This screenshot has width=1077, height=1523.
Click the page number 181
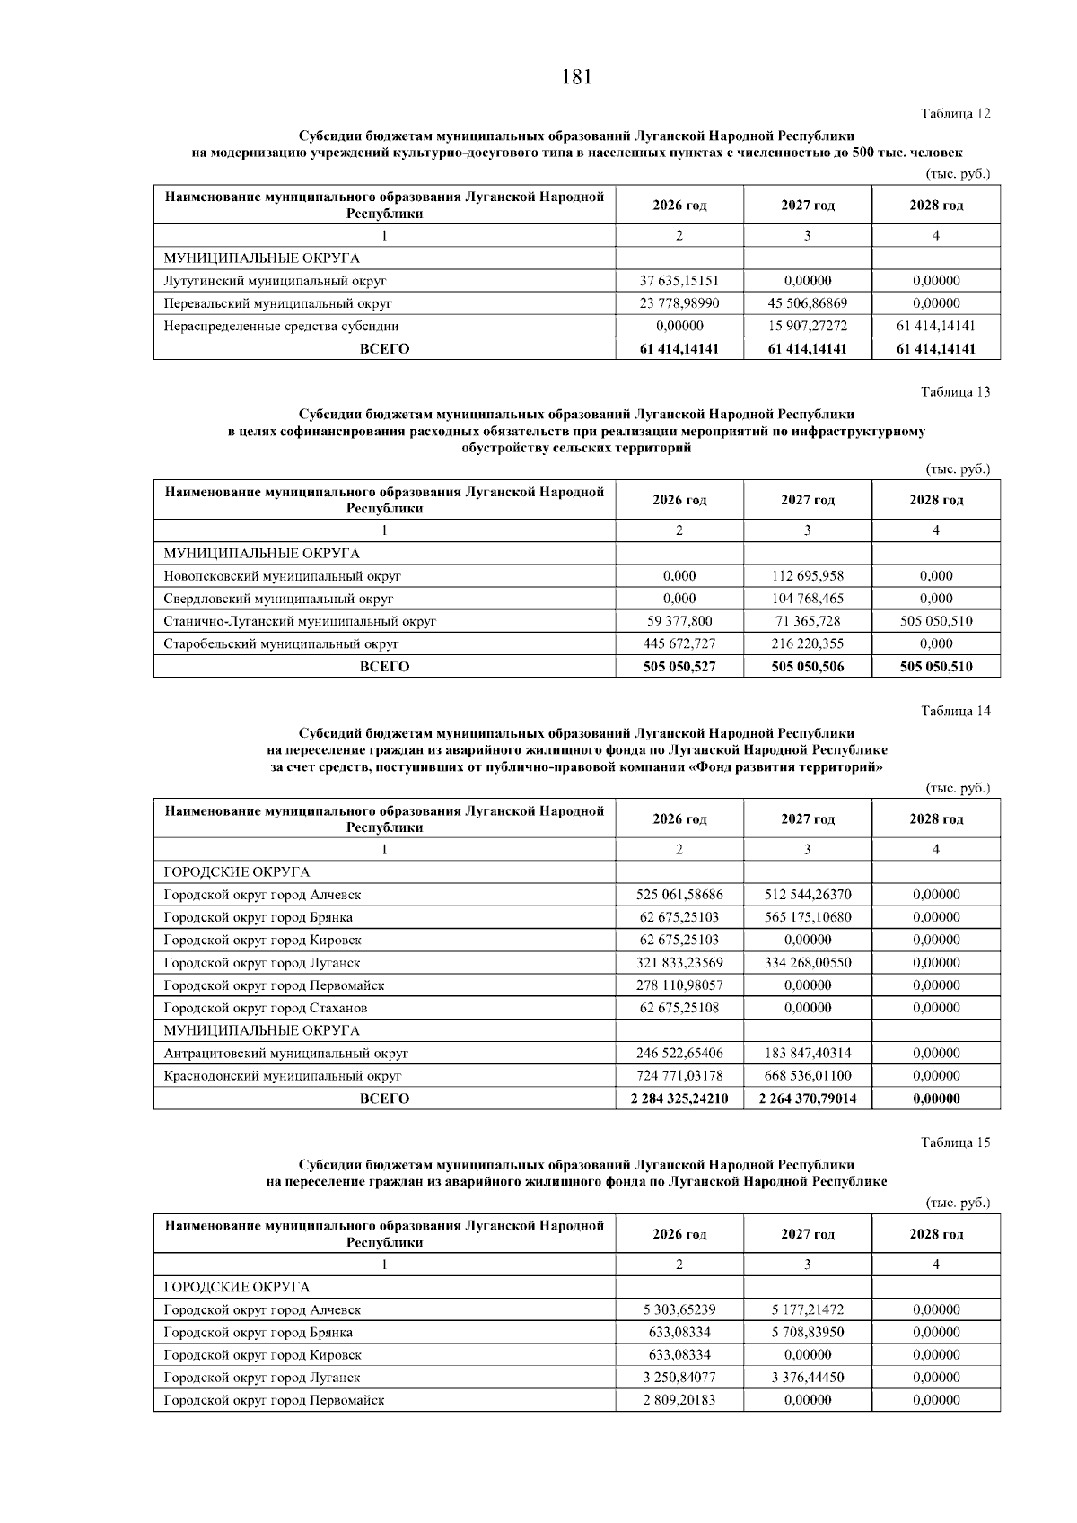576,77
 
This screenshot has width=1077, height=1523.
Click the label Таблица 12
955,114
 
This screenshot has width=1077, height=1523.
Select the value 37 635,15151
679,281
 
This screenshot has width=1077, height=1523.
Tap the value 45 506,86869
807,303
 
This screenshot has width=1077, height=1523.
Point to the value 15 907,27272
807,326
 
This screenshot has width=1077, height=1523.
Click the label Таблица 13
955,392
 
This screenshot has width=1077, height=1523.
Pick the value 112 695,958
807,576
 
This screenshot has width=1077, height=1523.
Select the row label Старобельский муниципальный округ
281,643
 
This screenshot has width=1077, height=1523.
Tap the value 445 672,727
679,643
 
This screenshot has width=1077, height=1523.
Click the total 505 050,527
679,667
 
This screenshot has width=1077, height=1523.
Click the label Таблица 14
955,712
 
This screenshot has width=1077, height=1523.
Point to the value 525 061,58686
679,895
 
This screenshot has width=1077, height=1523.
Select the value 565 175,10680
807,917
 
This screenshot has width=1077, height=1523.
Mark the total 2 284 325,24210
679,1099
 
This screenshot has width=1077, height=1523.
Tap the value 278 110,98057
679,985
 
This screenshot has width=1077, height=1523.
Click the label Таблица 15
955,1143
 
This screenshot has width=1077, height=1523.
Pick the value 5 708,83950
807,1333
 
